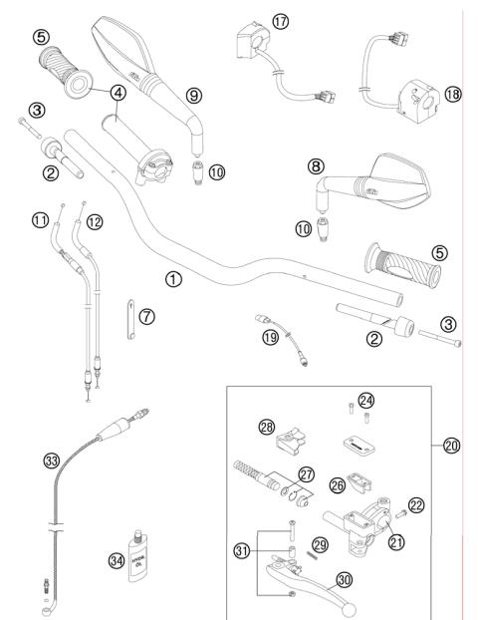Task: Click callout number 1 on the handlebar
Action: [174, 279]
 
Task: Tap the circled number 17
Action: [280, 20]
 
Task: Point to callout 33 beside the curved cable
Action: [51, 461]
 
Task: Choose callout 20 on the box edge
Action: [452, 446]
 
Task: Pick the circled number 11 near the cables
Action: [69, 219]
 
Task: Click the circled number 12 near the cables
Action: [94, 220]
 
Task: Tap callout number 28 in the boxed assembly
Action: [266, 427]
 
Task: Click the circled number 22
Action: [416, 505]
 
